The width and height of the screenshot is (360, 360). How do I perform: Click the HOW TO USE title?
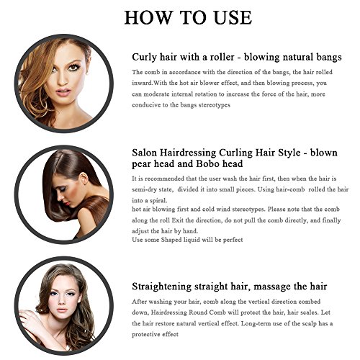click(180, 18)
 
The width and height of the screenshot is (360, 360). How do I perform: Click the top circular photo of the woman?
click(63, 80)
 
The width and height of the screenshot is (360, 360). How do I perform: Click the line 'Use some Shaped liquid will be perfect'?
click(188, 240)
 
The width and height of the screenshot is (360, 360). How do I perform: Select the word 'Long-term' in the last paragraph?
click(255, 323)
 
